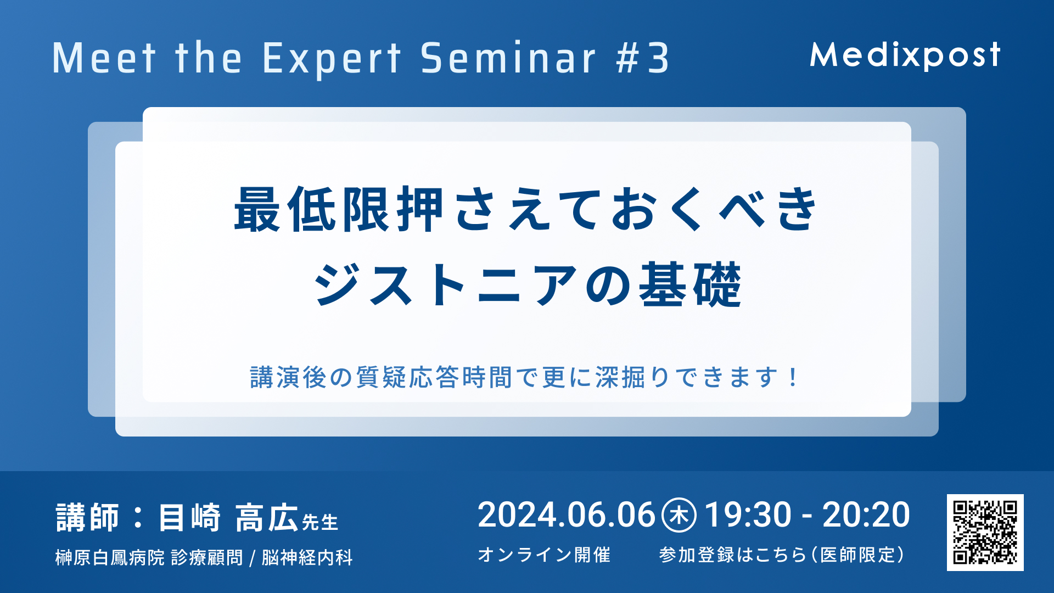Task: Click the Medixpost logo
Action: pos(905,55)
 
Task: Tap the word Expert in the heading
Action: pos(332,59)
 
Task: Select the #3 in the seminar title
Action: pos(642,58)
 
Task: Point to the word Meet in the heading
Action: pos(104,58)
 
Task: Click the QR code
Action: pos(985,532)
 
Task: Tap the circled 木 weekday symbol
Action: pos(679,515)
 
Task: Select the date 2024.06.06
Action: pos(567,515)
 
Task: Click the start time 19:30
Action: pos(748,515)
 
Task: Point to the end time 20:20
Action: pos(866,515)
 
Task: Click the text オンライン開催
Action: pos(544,555)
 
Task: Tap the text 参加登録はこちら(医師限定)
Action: pos(782,555)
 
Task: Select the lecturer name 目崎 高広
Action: pos(228,517)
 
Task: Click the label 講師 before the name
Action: pos(87,517)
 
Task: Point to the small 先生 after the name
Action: pos(320,522)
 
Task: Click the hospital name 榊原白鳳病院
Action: pos(110,557)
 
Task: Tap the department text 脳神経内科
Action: pos(307,557)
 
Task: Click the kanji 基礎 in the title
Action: pos(691,284)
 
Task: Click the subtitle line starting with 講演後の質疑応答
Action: pos(525,377)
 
